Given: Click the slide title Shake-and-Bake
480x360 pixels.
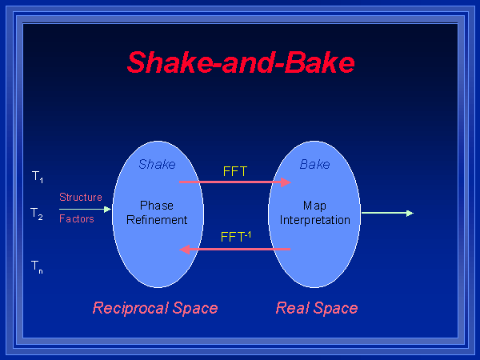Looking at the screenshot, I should coord(241,62).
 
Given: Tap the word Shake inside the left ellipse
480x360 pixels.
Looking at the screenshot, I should coord(157,165).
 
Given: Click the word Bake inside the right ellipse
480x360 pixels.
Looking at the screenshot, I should coord(314,165).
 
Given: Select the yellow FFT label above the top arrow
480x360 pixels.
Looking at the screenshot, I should coord(235,170).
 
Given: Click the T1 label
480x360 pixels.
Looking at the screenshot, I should coord(38,176).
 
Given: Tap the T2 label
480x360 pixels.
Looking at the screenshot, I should coord(38,214).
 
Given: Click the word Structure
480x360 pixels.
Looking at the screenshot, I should coord(81,197).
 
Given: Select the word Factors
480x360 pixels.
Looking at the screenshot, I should coord(77,218).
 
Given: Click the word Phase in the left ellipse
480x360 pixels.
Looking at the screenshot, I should coord(157,206).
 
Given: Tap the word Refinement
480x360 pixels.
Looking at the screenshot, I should coord(157,220).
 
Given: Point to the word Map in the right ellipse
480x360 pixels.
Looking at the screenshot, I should coord(314,206).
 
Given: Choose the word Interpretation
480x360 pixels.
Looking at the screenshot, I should coord(314,220).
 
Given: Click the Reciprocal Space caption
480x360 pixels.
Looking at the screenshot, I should coord(155,308).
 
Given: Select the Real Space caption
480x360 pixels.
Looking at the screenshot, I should coord(317,308).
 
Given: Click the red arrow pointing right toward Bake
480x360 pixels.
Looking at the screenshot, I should coord(235,182).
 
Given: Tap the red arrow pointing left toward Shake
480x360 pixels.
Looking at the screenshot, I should coord(235,250).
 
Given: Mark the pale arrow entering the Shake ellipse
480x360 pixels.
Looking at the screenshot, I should coord(85,209).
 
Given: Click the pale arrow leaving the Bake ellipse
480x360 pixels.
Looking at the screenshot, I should coord(387,213).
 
